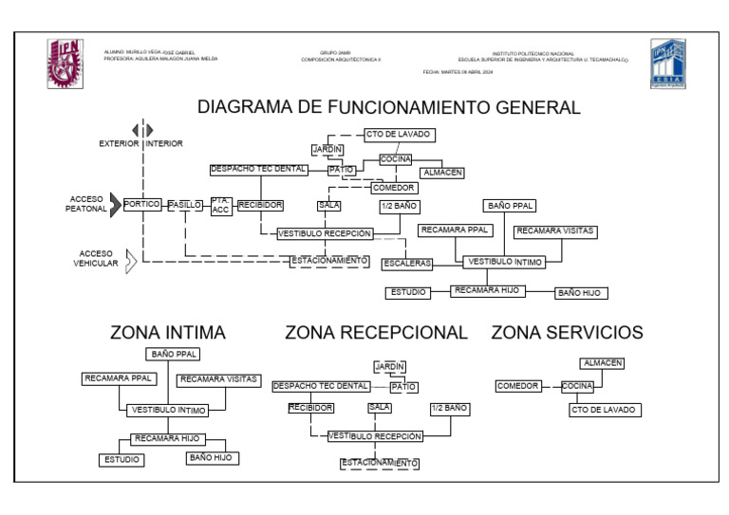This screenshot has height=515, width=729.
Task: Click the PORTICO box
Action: (141, 204)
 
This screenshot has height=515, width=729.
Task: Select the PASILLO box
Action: (185, 204)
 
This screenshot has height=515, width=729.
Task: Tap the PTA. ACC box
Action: (220, 205)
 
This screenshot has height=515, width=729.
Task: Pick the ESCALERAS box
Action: (408, 263)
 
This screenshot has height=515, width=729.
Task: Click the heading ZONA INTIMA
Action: (168, 333)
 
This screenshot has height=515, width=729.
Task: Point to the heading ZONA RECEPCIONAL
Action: (376, 333)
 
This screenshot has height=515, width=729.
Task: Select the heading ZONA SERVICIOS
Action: (567, 333)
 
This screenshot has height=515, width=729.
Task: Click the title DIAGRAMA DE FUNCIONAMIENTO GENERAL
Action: (388, 107)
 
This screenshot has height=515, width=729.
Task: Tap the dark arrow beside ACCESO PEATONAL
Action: (116, 204)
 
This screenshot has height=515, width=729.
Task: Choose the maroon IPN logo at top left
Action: (65, 63)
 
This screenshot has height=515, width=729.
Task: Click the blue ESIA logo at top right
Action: (667, 63)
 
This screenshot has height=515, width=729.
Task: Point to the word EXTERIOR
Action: (119, 144)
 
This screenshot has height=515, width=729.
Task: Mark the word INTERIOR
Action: (164, 144)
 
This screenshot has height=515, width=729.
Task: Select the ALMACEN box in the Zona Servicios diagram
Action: (602, 362)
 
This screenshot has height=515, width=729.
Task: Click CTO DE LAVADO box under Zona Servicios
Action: (604, 411)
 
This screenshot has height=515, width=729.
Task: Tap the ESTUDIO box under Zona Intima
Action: (121, 460)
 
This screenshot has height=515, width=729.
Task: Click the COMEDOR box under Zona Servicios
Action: (518, 386)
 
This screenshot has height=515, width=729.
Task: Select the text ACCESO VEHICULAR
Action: (95, 259)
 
